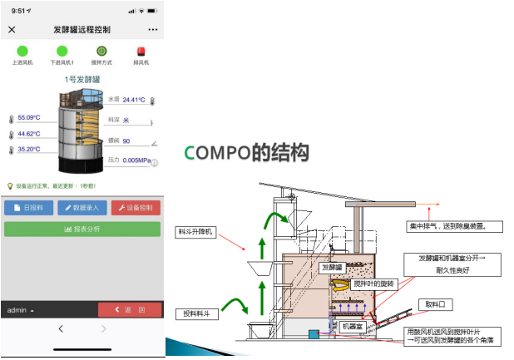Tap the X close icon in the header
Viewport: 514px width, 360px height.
pos(12,29)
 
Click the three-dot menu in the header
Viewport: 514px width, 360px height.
pos(153,29)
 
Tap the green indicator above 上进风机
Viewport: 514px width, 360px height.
pos(22,51)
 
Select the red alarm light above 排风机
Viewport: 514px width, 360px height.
pos(141,51)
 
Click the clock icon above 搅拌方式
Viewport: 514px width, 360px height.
pos(101,51)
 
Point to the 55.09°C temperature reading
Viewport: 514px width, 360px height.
pos(29,117)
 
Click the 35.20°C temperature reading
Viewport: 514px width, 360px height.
pos(29,150)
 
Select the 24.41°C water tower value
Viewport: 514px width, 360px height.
pos(134,100)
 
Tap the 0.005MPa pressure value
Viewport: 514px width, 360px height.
pos(136,160)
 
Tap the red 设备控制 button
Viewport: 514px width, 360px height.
pos(136,208)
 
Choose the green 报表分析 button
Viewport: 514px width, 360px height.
pos(82,229)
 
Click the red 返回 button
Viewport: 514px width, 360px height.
pos(130,309)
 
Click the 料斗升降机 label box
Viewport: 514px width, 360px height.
pos(197,232)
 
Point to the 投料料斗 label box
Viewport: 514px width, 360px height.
pos(197,313)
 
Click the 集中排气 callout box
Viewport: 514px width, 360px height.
pos(444,225)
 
